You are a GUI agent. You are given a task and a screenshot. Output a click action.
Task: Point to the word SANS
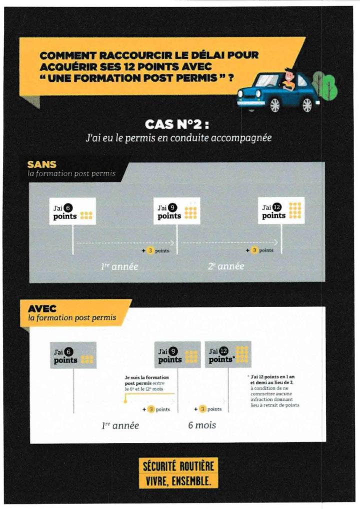pyautogui.click(x=42, y=164)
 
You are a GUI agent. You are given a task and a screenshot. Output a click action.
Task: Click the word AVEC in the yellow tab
pyautogui.click(x=42, y=308)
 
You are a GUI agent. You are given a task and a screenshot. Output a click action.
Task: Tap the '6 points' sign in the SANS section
pyautogui.click(x=73, y=211)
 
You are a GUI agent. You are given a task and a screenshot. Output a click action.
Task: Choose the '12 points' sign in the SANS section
pyautogui.click(x=281, y=210)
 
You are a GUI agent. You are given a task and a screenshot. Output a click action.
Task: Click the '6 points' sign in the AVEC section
pyautogui.click(x=73, y=355)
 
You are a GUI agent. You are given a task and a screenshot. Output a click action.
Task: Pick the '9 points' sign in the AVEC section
pyautogui.click(x=177, y=355)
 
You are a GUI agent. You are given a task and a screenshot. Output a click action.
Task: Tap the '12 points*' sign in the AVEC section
pyautogui.click(x=228, y=354)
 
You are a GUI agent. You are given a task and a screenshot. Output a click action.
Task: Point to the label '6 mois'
pyautogui.click(x=202, y=425)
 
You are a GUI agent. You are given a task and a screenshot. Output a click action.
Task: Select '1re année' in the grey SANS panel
pyautogui.click(x=119, y=267)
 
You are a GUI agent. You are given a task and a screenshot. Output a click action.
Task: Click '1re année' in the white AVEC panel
pyautogui.click(x=120, y=425)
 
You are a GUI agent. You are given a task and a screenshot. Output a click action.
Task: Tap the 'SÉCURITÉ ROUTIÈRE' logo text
pyautogui.click(x=178, y=467)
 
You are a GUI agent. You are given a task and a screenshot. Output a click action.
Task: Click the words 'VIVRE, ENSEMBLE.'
pyautogui.click(x=178, y=481)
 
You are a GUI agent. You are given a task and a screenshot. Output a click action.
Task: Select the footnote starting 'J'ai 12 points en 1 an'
pyautogui.click(x=274, y=391)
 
